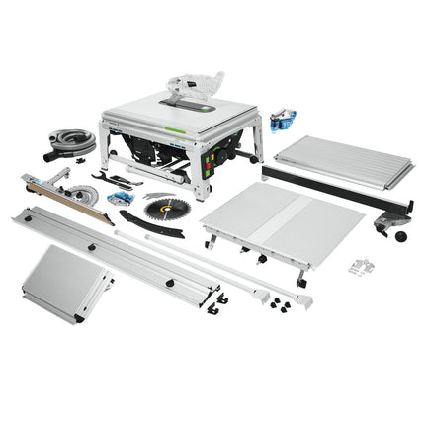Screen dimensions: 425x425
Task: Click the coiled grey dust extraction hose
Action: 72,141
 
